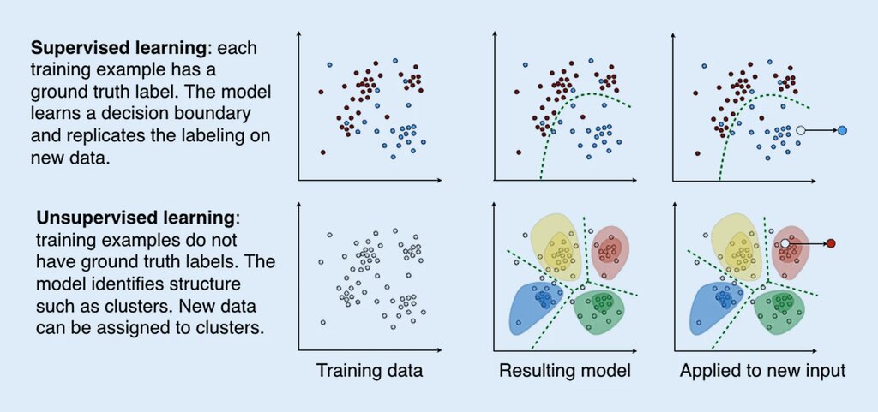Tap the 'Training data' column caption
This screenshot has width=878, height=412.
coord(370,372)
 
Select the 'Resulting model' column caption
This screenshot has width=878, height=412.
coord(565,372)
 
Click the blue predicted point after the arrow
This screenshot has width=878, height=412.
coord(843,130)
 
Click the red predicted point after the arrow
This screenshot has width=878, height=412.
coord(830,244)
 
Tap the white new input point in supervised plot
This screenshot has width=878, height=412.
coord(800,130)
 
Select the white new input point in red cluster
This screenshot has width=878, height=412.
coord(785,244)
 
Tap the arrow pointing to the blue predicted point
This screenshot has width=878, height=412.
coord(821,130)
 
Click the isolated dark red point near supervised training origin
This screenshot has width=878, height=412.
coord(322,152)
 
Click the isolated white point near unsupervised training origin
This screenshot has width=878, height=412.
coord(322,322)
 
